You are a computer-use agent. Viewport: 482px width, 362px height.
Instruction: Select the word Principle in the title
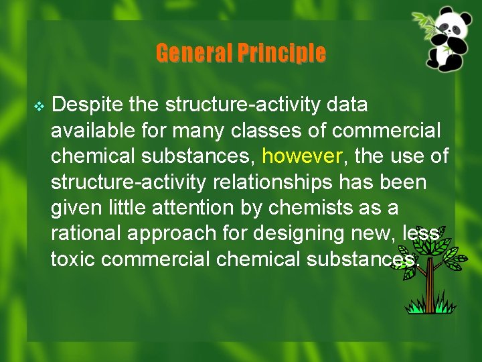click(284, 53)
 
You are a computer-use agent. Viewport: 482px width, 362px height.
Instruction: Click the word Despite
click(83, 105)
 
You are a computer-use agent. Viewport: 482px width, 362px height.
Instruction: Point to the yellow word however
click(302, 156)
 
